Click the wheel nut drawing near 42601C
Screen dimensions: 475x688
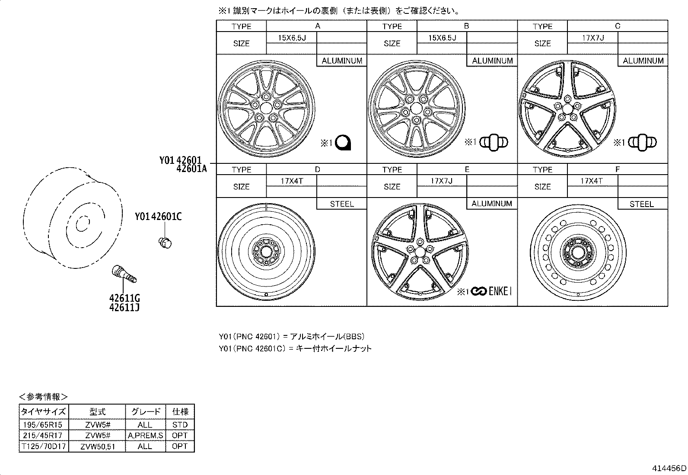[x=165, y=243]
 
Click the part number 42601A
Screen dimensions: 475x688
[x=191, y=169]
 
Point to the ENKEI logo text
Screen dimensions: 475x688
[x=500, y=292]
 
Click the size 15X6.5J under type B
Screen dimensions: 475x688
[x=442, y=38]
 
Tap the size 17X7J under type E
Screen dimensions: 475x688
[x=442, y=181]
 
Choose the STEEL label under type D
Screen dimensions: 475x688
[x=341, y=204]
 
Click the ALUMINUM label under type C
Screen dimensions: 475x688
[x=643, y=61]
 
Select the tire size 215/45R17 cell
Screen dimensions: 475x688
[x=44, y=436]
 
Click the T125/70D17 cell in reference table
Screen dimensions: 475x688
[x=44, y=446]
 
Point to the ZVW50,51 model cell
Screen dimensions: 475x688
[x=97, y=446]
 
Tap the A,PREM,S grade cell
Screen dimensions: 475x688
[x=146, y=436]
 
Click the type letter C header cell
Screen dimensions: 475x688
[x=617, y=26]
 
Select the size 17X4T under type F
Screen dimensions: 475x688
[x=592, y=181]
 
